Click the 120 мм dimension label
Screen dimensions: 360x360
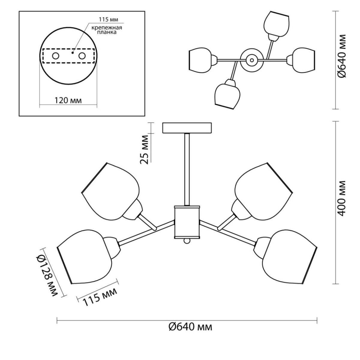pos(68,101)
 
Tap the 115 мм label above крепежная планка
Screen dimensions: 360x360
pos(109,19)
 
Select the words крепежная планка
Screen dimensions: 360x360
pos(107,30)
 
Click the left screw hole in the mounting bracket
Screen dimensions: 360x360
pos(56,56)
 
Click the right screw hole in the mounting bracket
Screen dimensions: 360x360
pos(82,56)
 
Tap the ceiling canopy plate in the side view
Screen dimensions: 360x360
pos(187,128)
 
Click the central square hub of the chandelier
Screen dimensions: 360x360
pos(187,222)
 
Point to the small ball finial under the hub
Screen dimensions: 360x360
pos(187,241)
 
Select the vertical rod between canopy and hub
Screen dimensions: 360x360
pos(187,169)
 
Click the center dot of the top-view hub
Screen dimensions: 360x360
pos(252,60)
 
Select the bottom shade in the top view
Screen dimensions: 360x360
pos(227,94)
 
